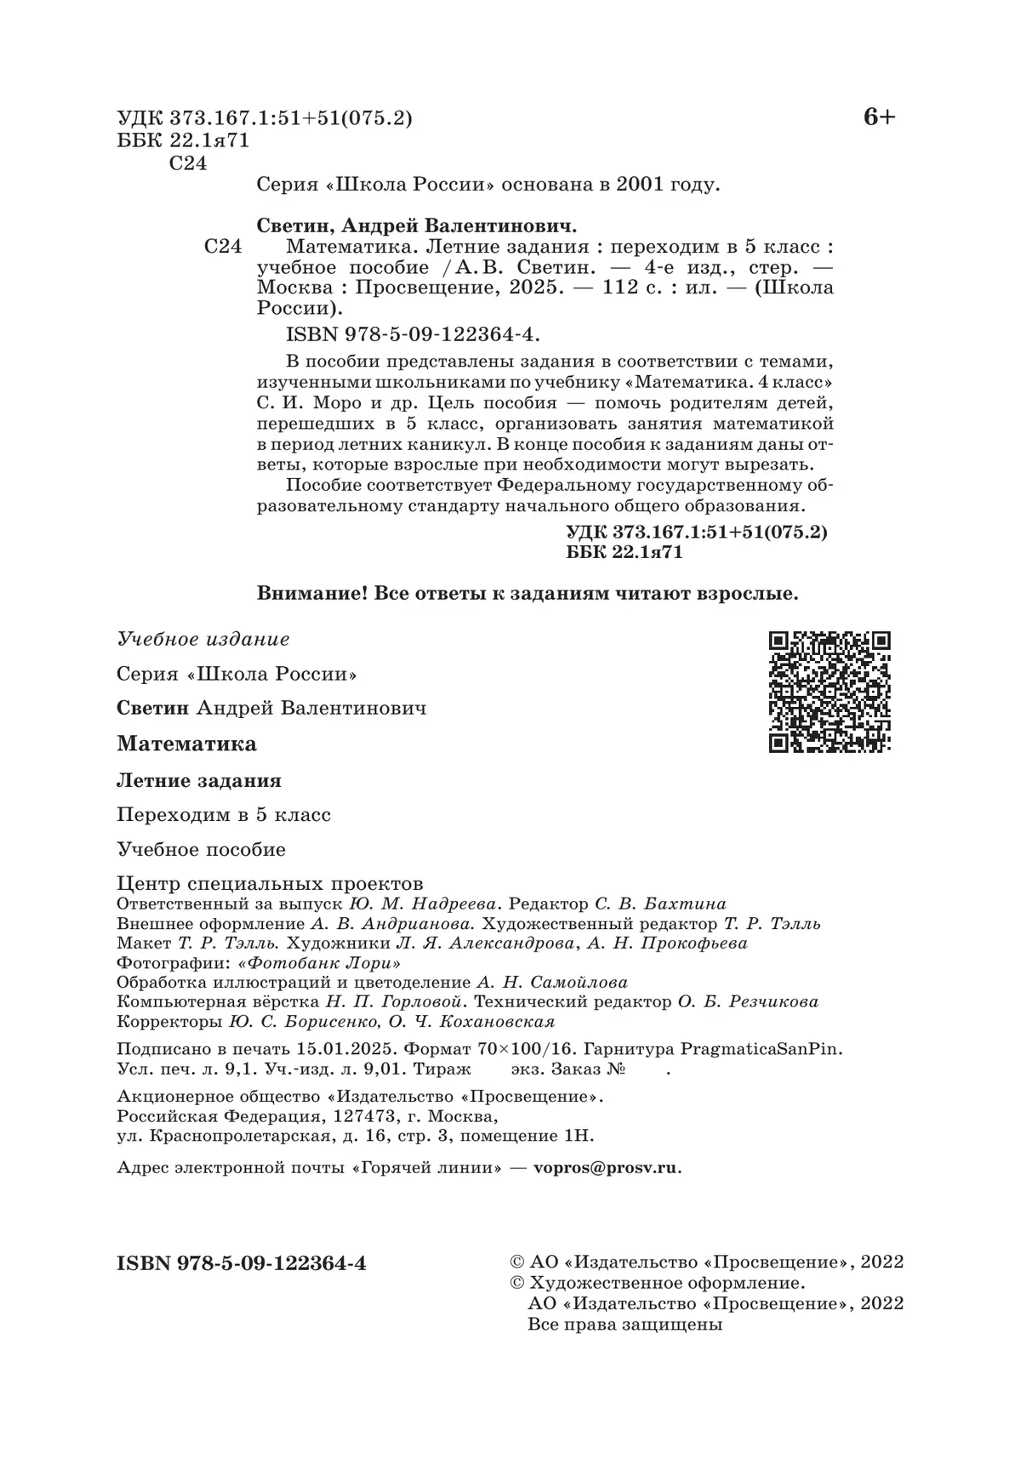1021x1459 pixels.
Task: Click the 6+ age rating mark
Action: click(x=879, y=117)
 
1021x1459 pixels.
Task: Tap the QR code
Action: click(x=829, y=692)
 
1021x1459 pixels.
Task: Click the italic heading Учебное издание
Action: click(x=203, y=639)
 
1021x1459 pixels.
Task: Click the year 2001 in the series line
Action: click(x=636, y=185)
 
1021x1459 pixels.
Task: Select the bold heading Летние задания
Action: click(x=199, y=779)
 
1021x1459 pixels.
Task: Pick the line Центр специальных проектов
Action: click(x=270, y=883)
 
